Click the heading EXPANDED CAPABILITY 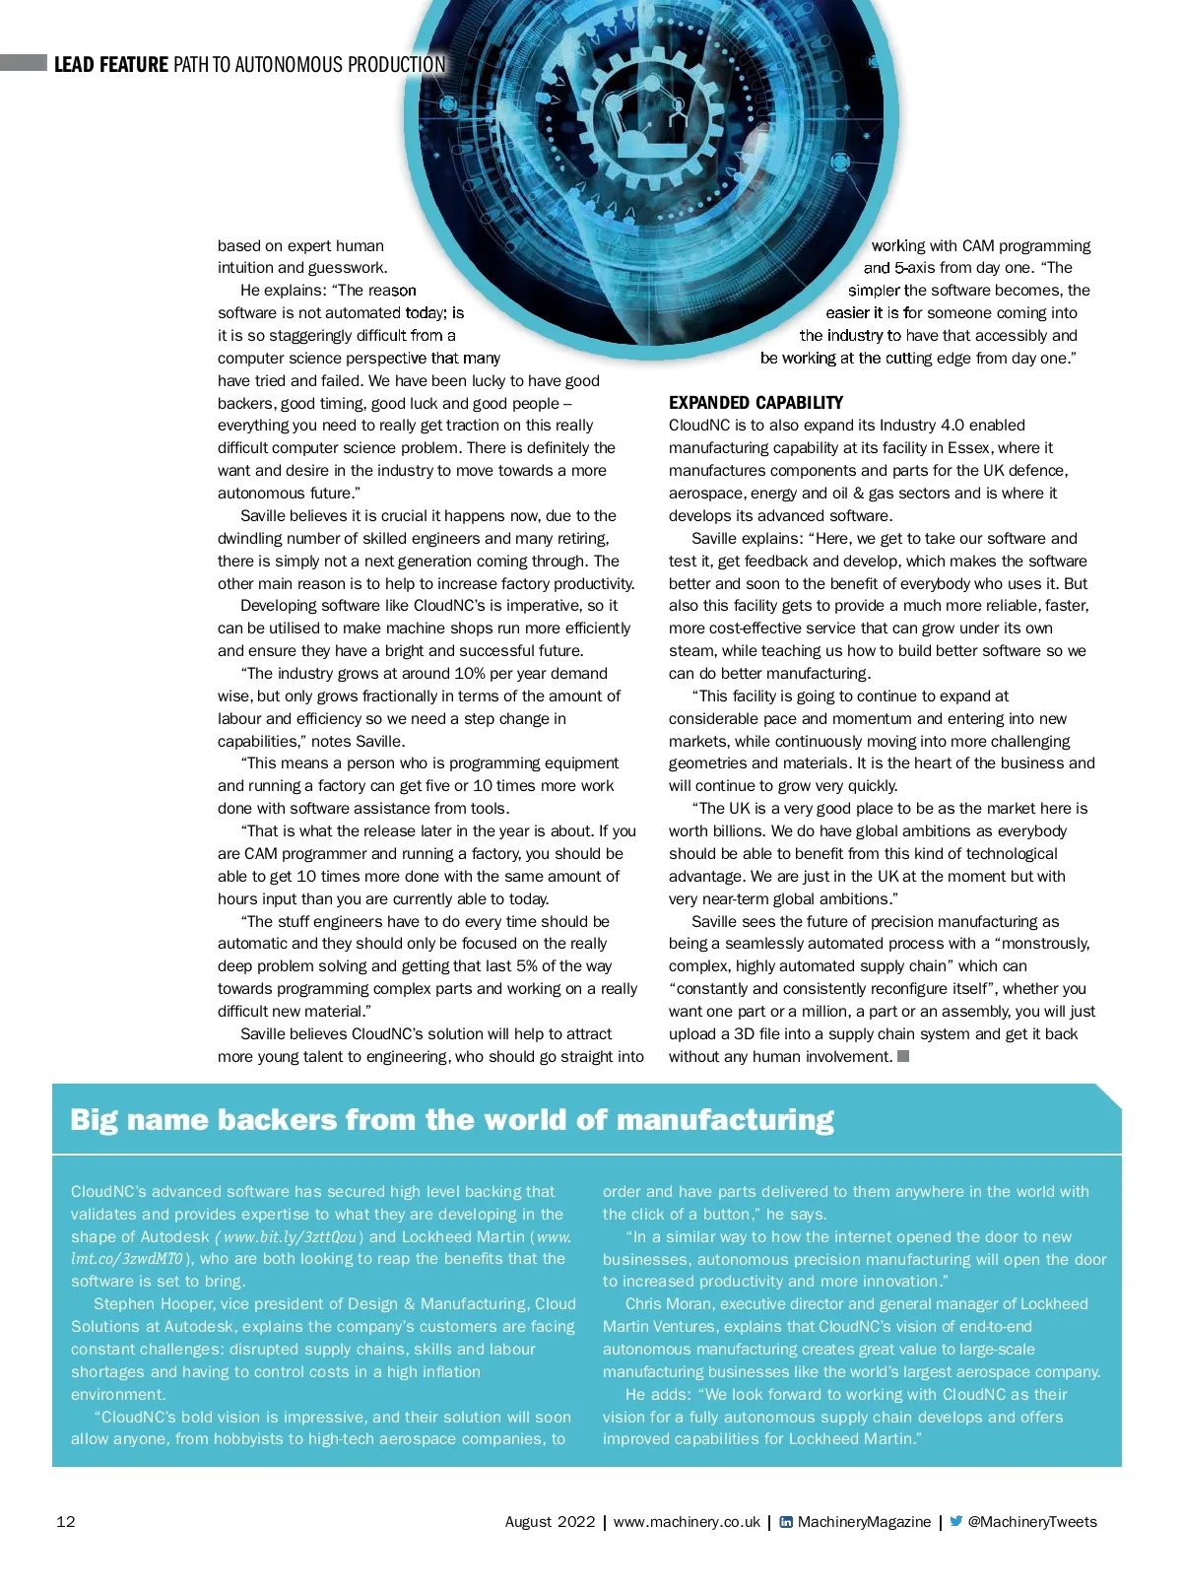coord(755,403)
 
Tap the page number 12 coord(66,1522)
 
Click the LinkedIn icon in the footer coord(786,1522)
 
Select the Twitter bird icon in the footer coord(955,1522)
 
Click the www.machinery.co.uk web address coord(687,1522)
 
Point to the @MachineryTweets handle coord(1032,1522)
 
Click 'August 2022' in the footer coord(550,1522)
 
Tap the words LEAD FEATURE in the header coord(111,65)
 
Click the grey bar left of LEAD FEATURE coord(24,63)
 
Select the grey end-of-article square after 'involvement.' coord(903,1056)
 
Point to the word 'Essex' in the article coord(968,448)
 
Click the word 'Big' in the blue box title coord(94,1120)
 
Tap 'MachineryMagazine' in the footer coord(864,1522)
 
